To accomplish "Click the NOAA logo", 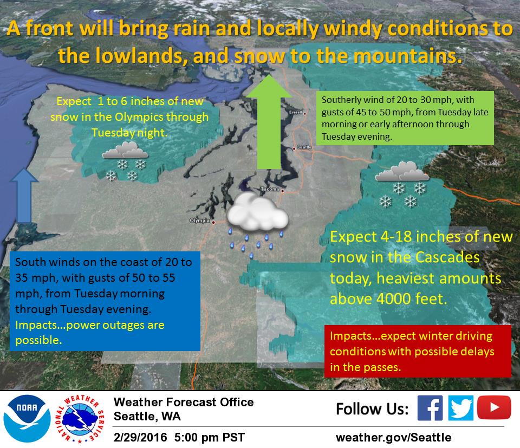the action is pos(27,419).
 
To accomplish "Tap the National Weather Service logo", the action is pos(80,419).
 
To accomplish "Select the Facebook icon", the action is pos(430,408).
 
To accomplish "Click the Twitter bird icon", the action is pos(460,408).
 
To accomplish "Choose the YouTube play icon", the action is pos(494,407).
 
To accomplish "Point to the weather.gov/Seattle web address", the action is pos(393,437).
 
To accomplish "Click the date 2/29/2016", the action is pos(140,437).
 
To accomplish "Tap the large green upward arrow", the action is pos(269,122).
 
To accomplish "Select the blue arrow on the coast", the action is pos(24,196).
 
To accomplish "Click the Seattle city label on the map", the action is pos(304,147).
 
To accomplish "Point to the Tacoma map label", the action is pos(270,190).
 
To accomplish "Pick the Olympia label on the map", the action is pos(200,220).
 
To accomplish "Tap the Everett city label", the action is pos(296,113).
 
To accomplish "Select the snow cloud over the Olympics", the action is pos(125,150).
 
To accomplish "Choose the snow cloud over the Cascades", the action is pos(402,171).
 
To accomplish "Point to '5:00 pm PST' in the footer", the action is pos(209,437).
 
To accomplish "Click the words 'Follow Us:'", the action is pos(373,408).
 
